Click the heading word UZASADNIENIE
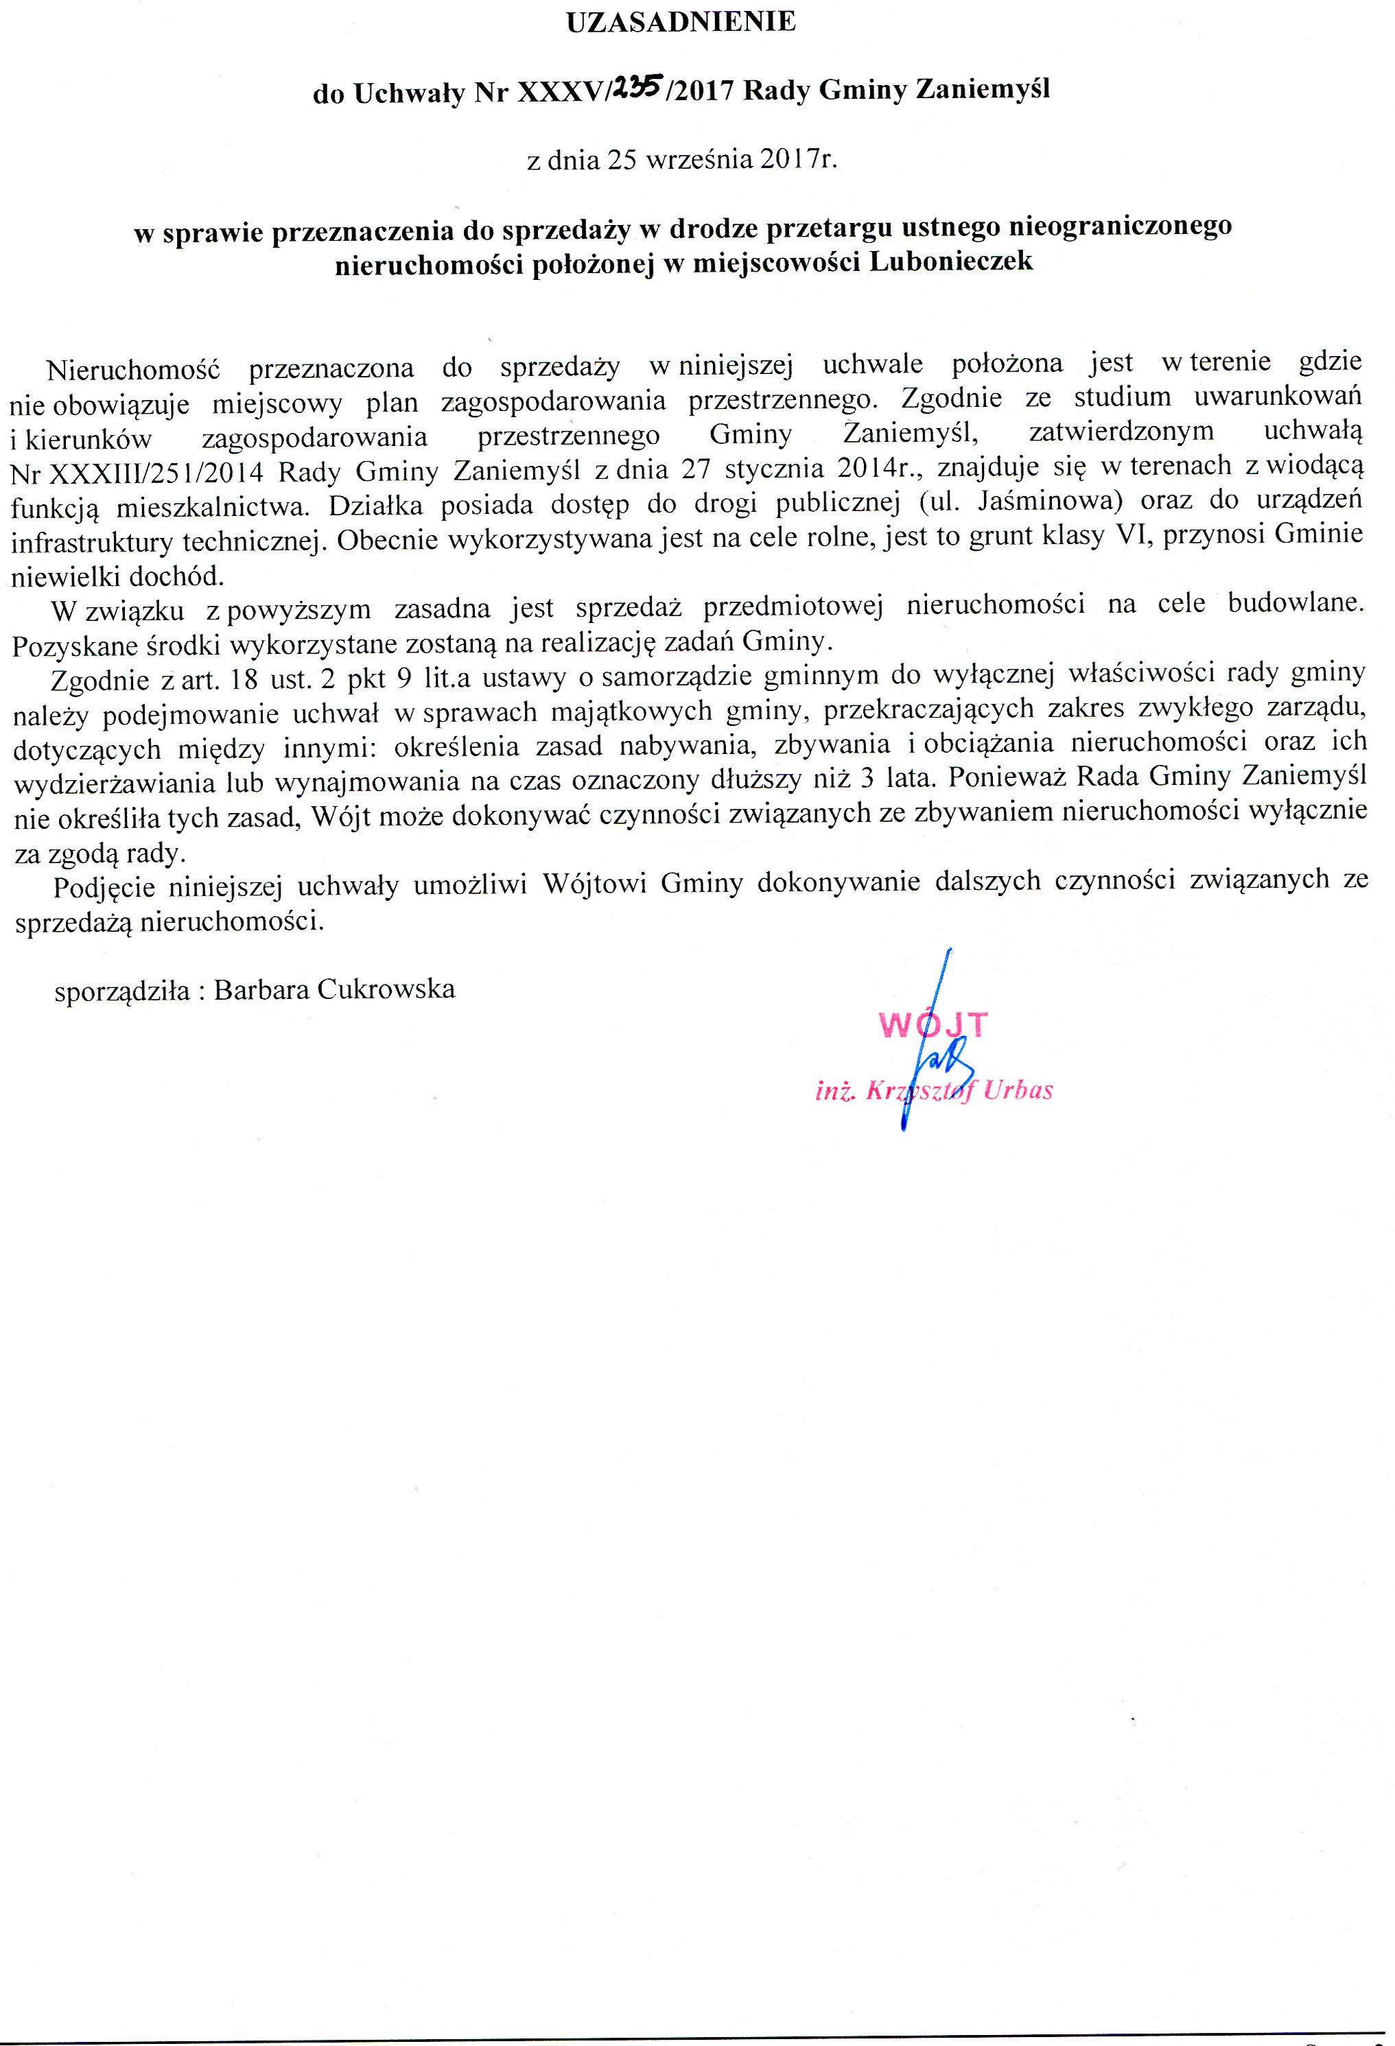681,22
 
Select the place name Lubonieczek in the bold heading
951,261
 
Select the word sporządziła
121,991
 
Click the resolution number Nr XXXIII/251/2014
137,472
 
